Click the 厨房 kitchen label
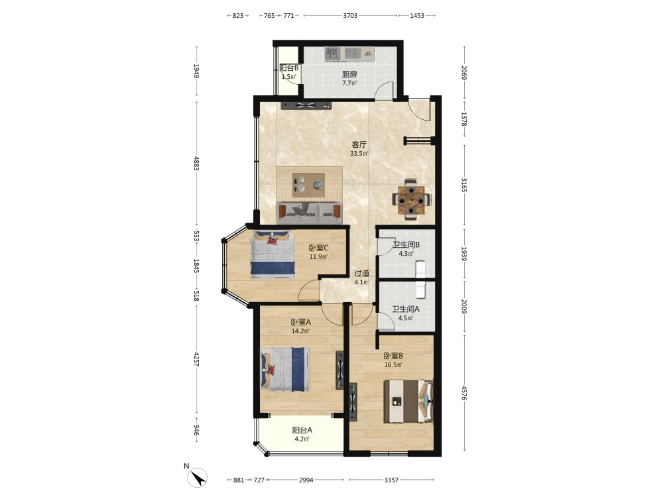coord(349,74)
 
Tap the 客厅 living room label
coord(359,144)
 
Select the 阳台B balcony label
coord(289,68)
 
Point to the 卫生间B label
coord(406,245)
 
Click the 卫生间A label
coord(406,309)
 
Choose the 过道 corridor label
coord(361,274)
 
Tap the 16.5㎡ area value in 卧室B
coord(393,365)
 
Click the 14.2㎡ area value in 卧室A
coord(300,331)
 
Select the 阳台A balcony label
coord(302,430)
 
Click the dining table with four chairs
coord(412,199)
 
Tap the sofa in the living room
coord(309,213)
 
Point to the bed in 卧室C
coord(272,254)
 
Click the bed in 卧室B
coord(408,402)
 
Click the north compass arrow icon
coord(197,478)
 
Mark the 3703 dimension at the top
coord(350,16)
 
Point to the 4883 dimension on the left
coord(196,163)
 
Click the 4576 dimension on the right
coord(464,392)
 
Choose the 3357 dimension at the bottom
coord(392,480)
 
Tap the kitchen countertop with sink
coord(349,54)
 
